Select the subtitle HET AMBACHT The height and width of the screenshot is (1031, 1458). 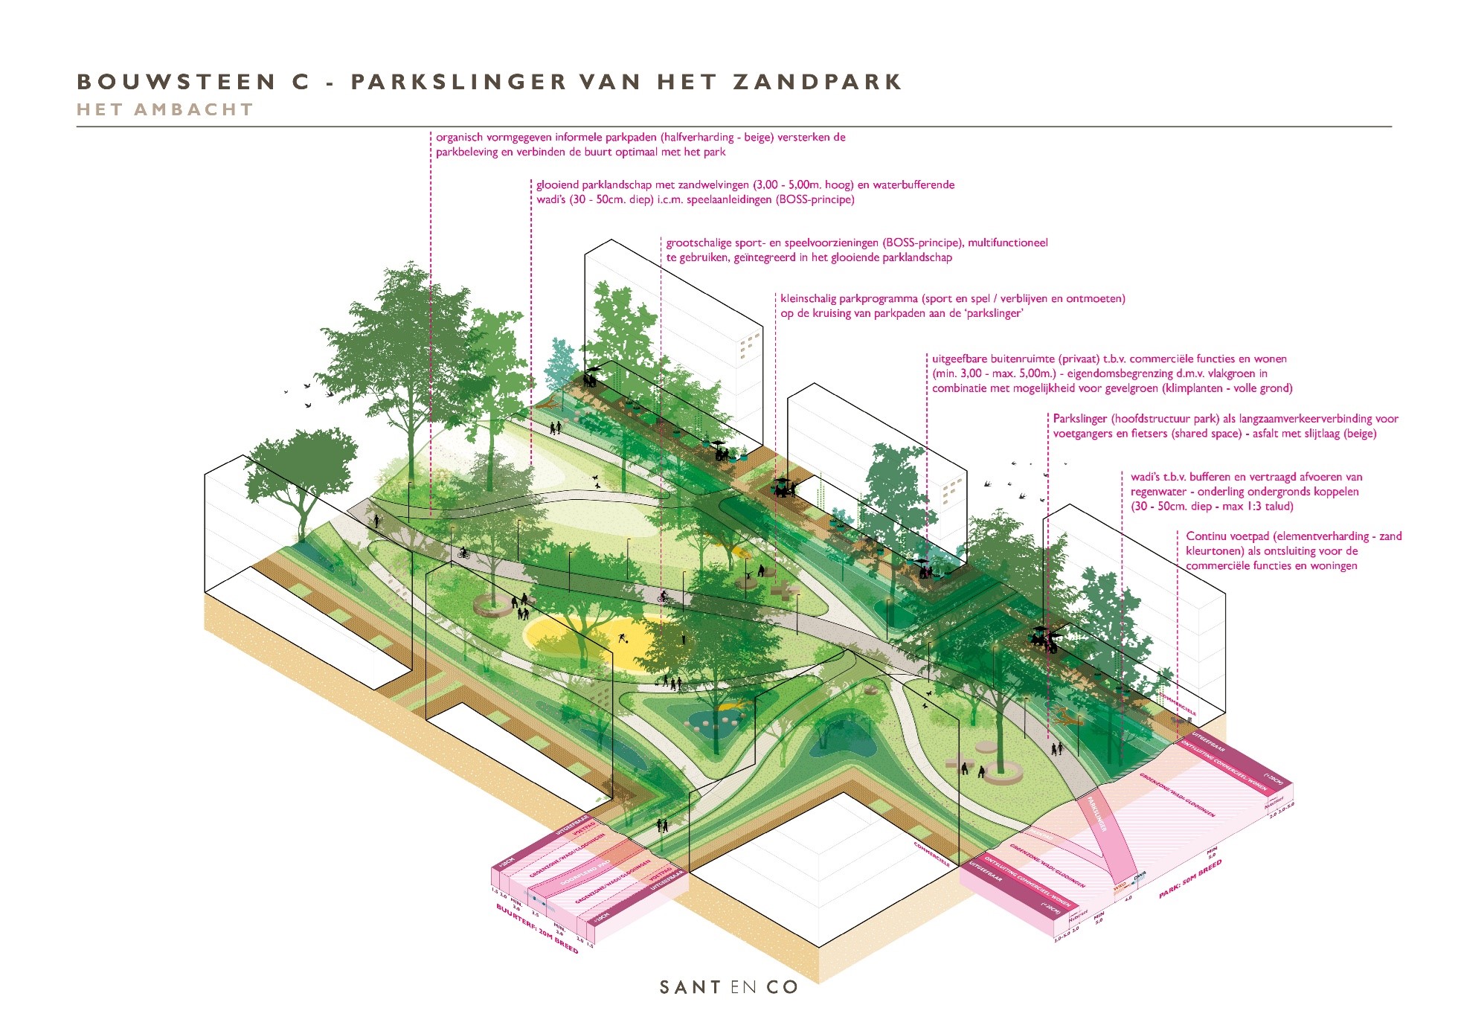pyautogui.click(x=165, y=110)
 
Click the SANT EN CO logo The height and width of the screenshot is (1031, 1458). pyautogui.click(x=728, y=987)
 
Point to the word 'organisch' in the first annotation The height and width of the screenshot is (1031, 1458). pyautogui.click(x=459, y=138)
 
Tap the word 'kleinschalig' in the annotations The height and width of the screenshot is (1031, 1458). pyautogui.click(x=808, y=299)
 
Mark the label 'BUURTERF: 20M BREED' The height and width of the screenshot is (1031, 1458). pyautogui.click(x=536, y=930)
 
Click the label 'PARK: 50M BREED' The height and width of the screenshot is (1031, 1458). pyautogui.click(x=1190, y=879)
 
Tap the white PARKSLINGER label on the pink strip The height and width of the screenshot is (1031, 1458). pyautogui.click(x=1096, y=814)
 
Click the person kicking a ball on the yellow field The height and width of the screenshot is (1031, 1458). pyautogui.click(x=622, y=637)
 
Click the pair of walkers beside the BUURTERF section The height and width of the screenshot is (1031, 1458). pyautogui.click(x=661, y=824)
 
